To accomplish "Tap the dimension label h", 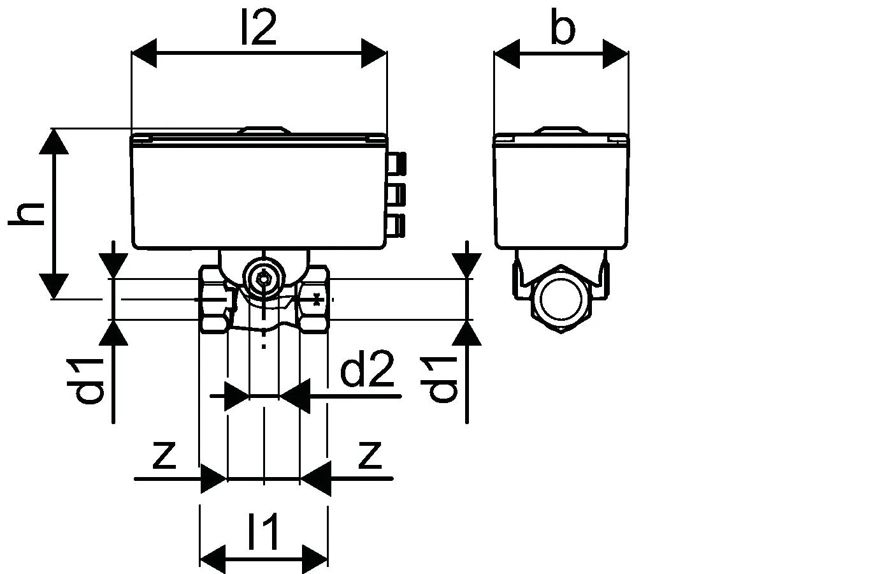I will click(27, 213).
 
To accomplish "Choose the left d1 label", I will click(90, 381).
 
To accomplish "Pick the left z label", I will click(164, 454).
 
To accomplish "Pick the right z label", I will click(370, 454).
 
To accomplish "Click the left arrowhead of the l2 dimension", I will click(144, 53).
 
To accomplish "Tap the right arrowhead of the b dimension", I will click(615, 53).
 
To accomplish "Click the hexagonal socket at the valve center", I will click(263, 279).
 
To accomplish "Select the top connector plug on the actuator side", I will click(398, 162).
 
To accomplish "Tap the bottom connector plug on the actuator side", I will click(398, 224).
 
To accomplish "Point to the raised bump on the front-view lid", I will click(264, 131).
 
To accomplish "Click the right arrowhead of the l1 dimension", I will click(315, 556).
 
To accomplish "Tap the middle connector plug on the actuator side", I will click(398, 193).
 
